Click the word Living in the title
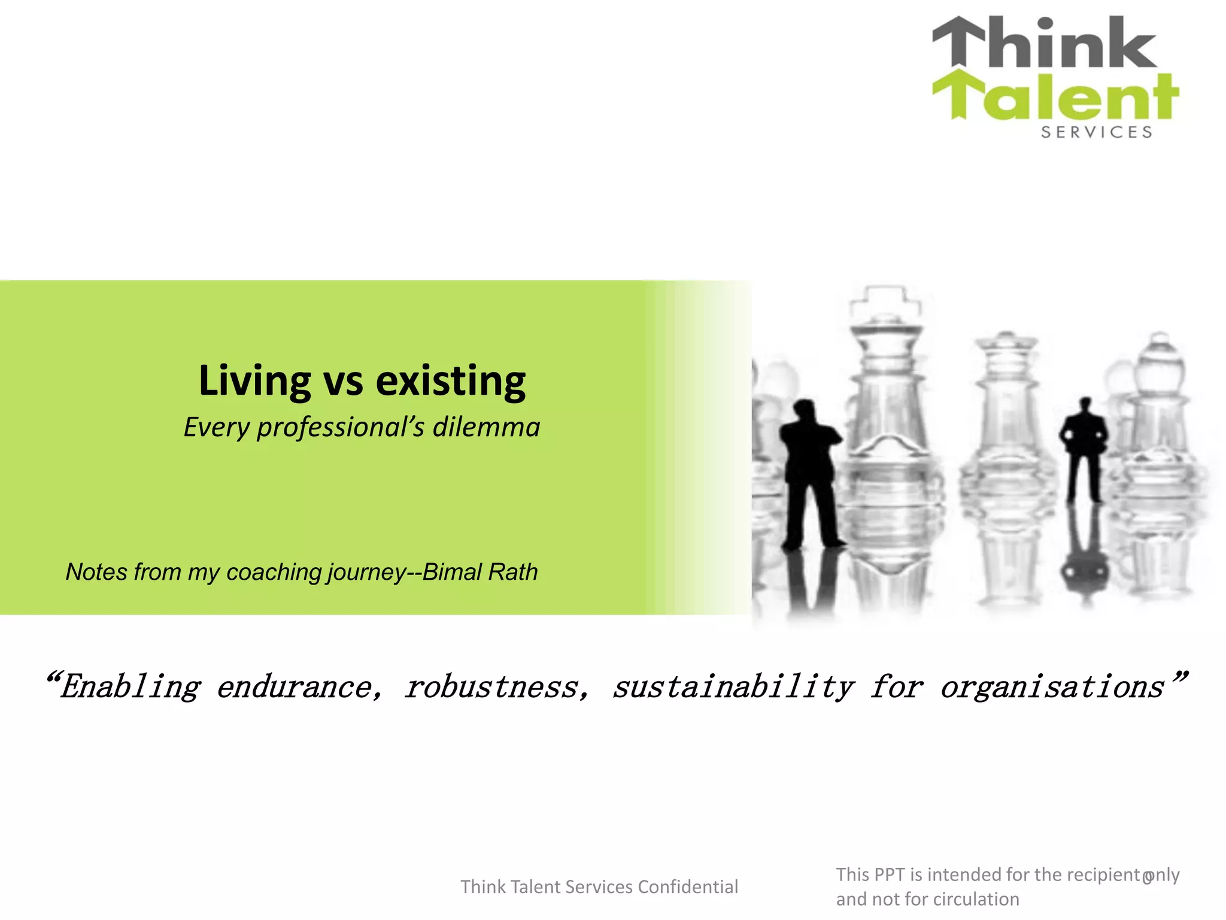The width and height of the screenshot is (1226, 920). (x=254, y=381)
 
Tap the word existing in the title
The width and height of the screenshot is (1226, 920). (x=450, y=381)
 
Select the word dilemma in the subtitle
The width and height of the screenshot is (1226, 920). (x=486, y=427)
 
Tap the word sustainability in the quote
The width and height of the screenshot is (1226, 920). (x=733, y=686)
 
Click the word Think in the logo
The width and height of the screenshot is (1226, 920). (x=1045, y=43)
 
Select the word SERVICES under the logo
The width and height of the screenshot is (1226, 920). (x=1097, y=132)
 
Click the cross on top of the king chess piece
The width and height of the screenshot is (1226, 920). (x=886, y=299)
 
